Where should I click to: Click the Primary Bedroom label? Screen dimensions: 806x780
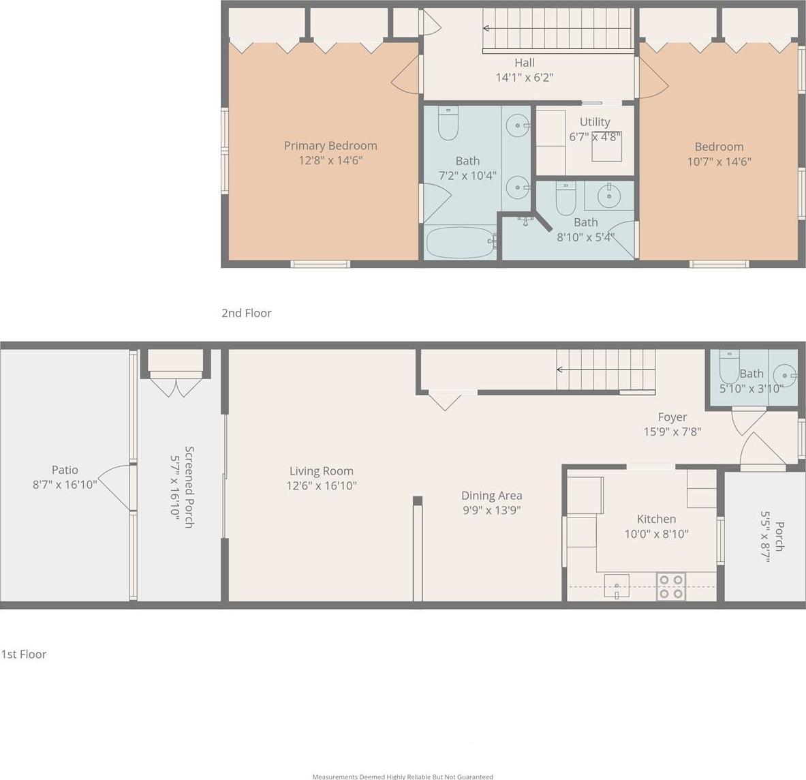click(330, 146)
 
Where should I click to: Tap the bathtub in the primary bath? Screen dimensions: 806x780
click(461, 242)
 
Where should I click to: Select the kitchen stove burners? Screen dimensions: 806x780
click(671, 586)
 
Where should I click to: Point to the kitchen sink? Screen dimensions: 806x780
click(617, 586)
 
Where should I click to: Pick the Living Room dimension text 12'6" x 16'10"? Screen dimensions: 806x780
click(322, 485)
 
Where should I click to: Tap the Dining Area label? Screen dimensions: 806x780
click(492, 496)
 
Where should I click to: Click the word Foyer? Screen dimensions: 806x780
click(672, 417)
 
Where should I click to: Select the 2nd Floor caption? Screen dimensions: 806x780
click(246, 313)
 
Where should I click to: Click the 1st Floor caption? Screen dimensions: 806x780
click(24, 654)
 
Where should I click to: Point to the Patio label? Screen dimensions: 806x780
click(65, 470)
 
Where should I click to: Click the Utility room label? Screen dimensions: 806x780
click(595, 122)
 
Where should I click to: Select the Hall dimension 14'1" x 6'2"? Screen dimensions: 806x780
click(525, 77)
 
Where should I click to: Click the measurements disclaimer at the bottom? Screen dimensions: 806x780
click(403, 777)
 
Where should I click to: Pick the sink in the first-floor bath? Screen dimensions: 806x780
click(785, 374)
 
